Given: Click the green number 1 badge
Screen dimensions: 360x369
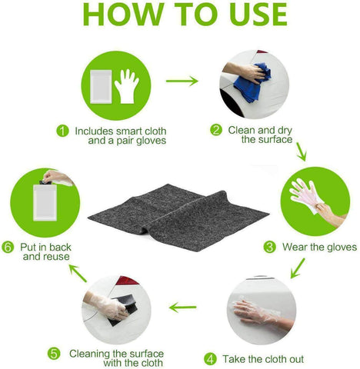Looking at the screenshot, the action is (x=62, y=131).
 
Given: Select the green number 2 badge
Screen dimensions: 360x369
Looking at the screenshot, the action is (x=216, y=130).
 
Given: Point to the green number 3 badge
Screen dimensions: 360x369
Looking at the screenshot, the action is (x=270, y=247).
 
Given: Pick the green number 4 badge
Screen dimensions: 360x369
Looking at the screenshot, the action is (x=210, y=359).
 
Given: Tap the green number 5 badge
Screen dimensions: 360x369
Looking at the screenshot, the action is (x=54, y=354).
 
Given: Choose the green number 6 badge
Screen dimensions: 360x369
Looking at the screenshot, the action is (x=8, y=248).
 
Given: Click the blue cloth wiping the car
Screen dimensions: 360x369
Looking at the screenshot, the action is (x=252, y=82).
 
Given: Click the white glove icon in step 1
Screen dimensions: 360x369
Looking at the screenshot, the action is (x=127, y=86).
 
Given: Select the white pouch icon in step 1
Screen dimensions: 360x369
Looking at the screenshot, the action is (x=101, y=87).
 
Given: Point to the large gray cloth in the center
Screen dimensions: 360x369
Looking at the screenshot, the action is (x=178, y=217).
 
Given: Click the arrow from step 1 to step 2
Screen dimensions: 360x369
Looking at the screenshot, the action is (x=182, y=81).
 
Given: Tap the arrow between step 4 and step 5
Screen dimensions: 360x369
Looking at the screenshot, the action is (x=183, y=307).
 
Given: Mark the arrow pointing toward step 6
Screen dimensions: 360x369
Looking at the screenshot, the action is (x=78, y=274).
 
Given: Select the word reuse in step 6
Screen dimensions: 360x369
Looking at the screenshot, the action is (x=57, y=257).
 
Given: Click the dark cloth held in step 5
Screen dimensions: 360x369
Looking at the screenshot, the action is (x=124, y=310).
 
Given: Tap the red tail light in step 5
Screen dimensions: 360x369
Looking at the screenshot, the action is (x=127, y=281).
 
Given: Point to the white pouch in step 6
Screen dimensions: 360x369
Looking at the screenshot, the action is (x=45, y=202).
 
